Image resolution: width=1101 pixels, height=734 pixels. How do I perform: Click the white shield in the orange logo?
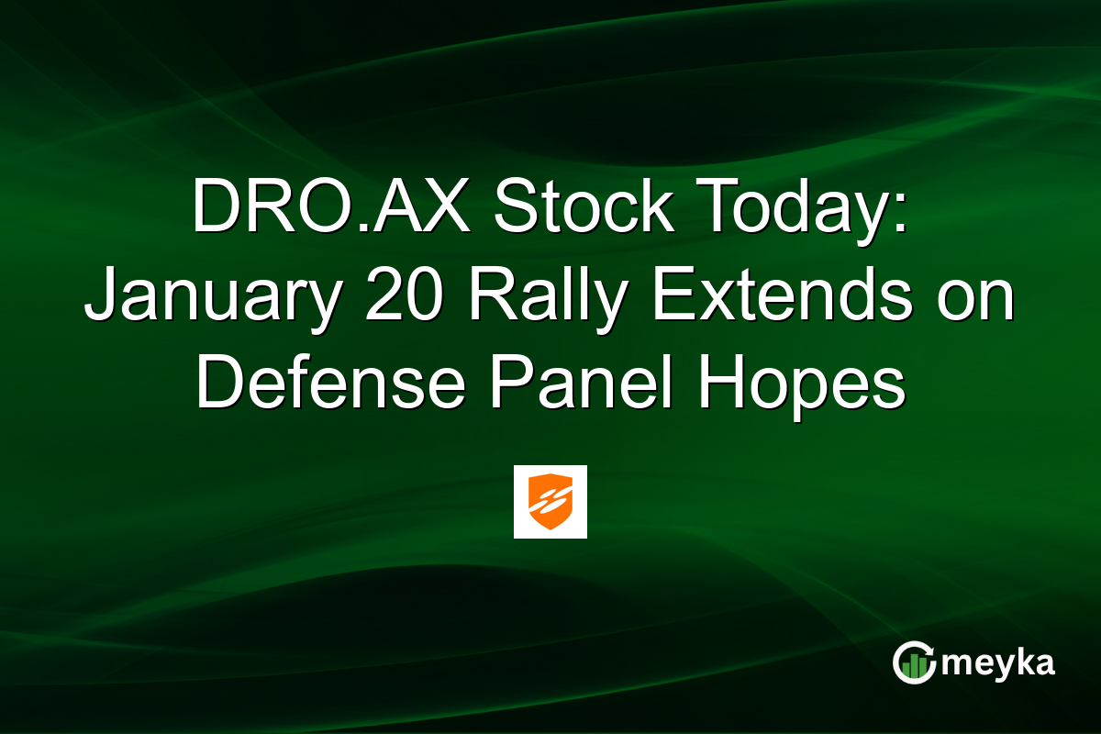[550, 501]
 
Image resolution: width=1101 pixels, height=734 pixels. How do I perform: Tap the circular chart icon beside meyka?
[914, 663]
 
